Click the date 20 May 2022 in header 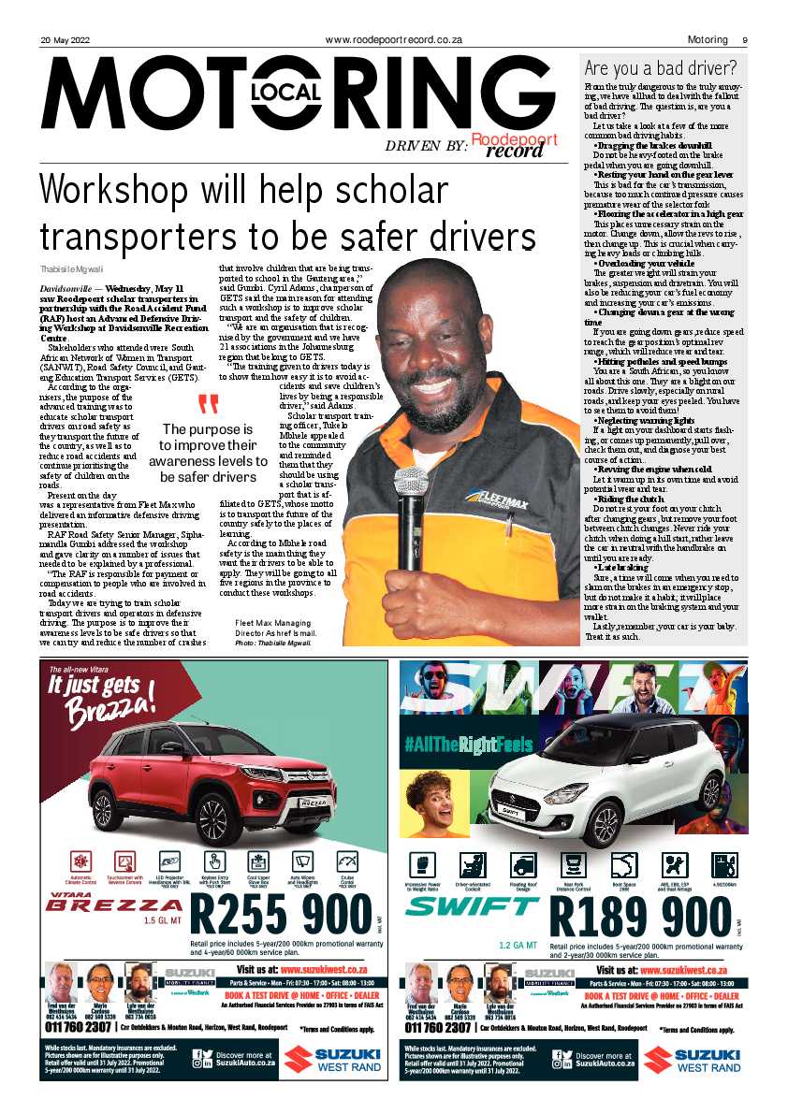66,40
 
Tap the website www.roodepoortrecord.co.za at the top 394,40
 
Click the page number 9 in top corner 744,40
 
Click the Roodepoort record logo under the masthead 514,145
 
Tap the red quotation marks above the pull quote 208,405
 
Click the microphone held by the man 411,487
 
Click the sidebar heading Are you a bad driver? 661,68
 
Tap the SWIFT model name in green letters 472,905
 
